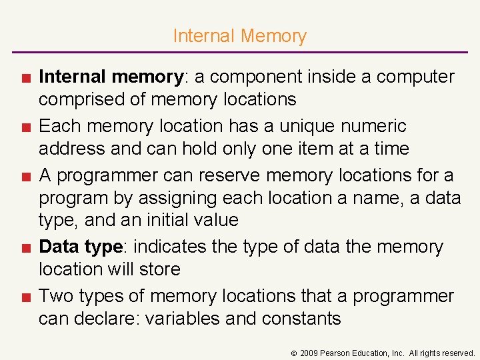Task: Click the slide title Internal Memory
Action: coord(239,36)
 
